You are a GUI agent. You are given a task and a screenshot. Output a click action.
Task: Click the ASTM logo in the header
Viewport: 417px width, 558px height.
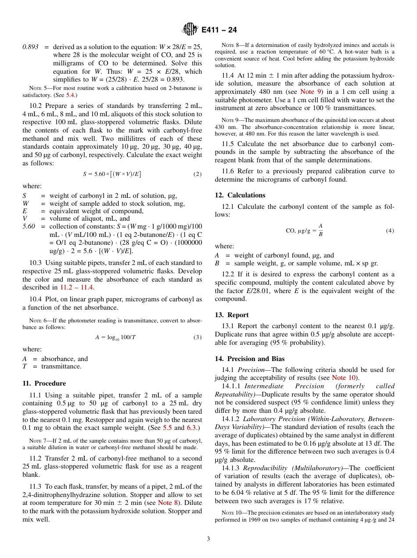coord(190,29)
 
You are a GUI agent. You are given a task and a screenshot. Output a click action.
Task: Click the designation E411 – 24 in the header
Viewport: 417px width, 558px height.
coord(219,30)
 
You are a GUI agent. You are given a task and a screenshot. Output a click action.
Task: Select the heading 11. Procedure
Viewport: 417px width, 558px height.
coord(44,383)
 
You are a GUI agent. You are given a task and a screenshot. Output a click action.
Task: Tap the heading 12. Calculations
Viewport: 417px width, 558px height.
coord(240,195)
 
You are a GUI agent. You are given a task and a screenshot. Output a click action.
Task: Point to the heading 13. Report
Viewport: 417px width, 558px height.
coord(232,315)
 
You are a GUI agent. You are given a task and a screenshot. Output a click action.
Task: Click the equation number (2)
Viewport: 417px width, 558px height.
coord(198,174)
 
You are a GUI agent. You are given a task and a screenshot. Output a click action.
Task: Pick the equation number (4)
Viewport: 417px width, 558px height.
coord(390,230)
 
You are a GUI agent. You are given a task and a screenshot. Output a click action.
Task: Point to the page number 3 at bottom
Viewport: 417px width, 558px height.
coord(208,539)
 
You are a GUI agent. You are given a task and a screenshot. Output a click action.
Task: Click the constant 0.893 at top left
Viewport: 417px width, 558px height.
coord(31,47)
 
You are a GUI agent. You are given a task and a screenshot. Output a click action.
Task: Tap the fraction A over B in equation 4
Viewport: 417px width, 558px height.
coord(320,230)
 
